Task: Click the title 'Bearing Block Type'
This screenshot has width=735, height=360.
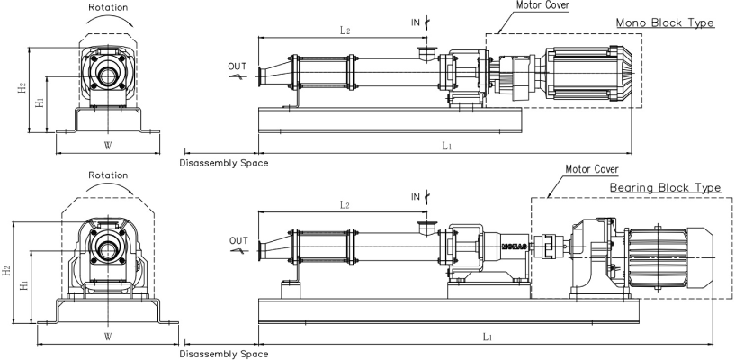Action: tap(665, 187)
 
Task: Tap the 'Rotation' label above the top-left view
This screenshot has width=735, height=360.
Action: tap(107, 6)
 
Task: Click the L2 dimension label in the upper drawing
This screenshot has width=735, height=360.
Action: tap(345, 31)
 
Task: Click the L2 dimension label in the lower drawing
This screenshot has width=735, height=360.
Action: tap(345, 205)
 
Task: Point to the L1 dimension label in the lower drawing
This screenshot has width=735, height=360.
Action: tap(487, 336)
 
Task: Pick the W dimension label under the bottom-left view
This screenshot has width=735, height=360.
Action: tap(107, 337)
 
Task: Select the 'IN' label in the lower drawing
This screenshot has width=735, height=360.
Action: tap(415, 196)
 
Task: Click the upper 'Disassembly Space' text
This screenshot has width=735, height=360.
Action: tap(223, 163)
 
